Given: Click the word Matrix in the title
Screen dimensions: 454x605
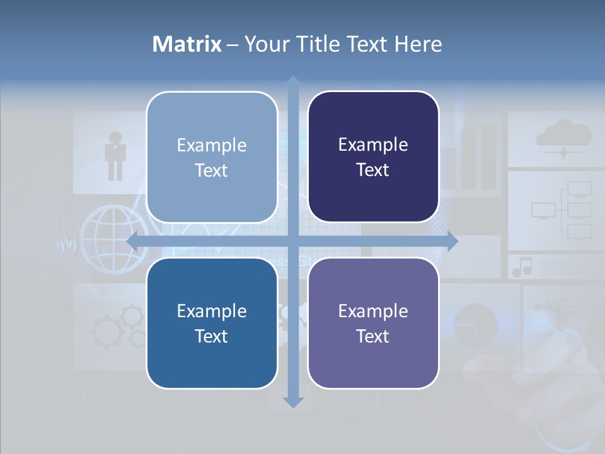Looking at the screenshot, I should coord(187,44).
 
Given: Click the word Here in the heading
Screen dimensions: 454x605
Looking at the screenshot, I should coord(419,44).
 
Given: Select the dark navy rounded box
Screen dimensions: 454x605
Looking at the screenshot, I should coord(373,157).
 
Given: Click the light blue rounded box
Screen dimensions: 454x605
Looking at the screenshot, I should coord(212,157).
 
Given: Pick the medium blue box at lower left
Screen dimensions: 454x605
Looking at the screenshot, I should coord(212,323).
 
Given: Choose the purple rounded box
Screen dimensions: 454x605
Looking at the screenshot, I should coord(373,323).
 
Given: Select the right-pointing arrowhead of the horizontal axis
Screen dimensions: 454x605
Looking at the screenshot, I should coord(452,241).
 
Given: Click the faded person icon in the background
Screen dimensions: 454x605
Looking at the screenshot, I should coord(115,155).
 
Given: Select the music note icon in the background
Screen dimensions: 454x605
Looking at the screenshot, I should coord(522,268).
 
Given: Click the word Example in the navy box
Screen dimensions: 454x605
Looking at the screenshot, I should coord(373,145).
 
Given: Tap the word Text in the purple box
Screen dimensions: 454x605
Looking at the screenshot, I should coord(373,336).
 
